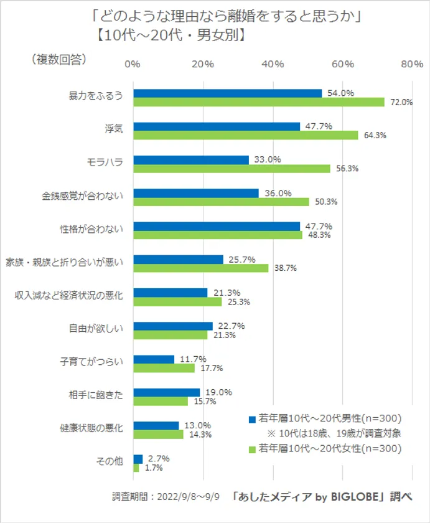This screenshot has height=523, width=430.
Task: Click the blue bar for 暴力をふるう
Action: click(228, 93)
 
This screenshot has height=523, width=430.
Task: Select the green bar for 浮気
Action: click(246, 135)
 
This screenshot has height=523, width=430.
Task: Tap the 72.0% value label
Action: click(401, 103)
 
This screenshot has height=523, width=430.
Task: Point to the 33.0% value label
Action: click(268, 159)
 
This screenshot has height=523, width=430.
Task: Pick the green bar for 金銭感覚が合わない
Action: click(222, 202)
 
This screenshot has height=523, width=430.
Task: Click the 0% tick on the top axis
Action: click(132, 64)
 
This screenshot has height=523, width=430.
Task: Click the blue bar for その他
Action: click(138, 458)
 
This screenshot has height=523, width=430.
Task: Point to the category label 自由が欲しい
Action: click(96, 329)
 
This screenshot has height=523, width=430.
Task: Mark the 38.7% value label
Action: click(285, 268)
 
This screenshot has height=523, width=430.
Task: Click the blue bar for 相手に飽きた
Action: click(167, 392)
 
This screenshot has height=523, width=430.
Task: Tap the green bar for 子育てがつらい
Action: click(164, 368)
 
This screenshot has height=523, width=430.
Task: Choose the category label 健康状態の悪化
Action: click(91, 429)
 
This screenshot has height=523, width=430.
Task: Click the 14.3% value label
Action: click(199, 435)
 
